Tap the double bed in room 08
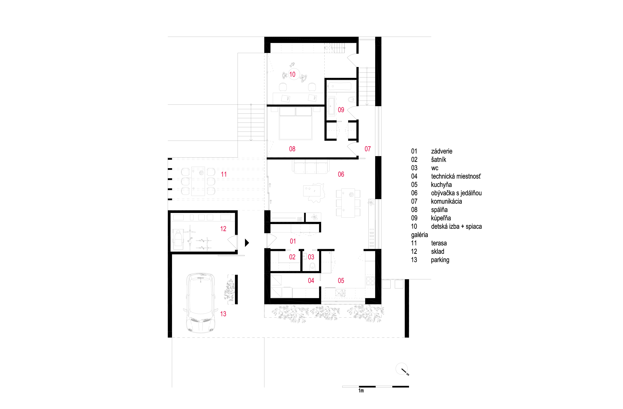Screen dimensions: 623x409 (x=296, y=123)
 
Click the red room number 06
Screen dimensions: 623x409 (x=341, y=174)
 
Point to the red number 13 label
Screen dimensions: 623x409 (x=223, y=314)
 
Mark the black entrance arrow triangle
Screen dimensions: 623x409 (x=247, y=243)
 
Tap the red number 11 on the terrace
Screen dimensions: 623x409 (x=224, y=174)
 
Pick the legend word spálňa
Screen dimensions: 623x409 (x=439, y=210)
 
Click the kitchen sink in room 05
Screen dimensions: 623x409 (x=340, y=293)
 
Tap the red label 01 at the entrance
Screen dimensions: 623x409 (x=293, y=241)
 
